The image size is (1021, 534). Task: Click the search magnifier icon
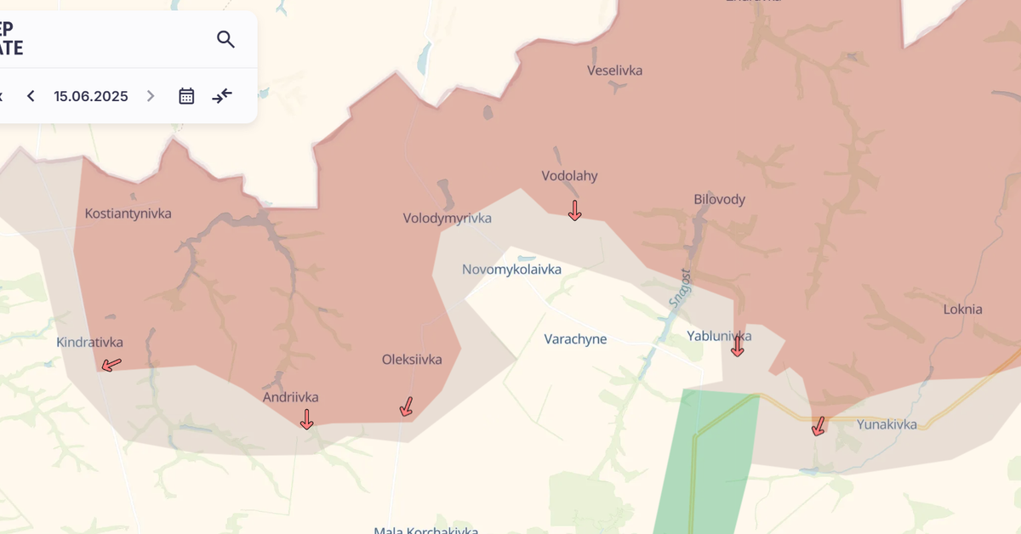(225, 39)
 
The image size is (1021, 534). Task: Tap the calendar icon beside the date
(186, 96)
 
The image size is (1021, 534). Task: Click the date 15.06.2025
(91, 96)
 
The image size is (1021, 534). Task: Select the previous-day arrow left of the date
(31, 96)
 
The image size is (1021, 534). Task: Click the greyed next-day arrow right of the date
(151, 96)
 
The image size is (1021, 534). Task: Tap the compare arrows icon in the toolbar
(222, 96)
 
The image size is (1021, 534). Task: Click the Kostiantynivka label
(128, 213)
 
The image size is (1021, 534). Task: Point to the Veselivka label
(615, 71)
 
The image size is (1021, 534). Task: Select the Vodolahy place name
(570, 176)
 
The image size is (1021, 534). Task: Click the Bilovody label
(720, 200)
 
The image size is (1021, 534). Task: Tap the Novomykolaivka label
(511, 270)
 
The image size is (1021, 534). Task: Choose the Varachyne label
(576, 339)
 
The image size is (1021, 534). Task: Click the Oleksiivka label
(412, 360)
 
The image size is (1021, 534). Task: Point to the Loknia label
(963, 310)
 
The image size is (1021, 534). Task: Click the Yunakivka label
(887, 424)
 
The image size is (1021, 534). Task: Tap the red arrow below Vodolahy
(575, 210)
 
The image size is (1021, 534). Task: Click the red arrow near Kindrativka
(111, 365)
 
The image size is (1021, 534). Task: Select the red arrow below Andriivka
(307, 418)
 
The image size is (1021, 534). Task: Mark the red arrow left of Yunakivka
(819, 426)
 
